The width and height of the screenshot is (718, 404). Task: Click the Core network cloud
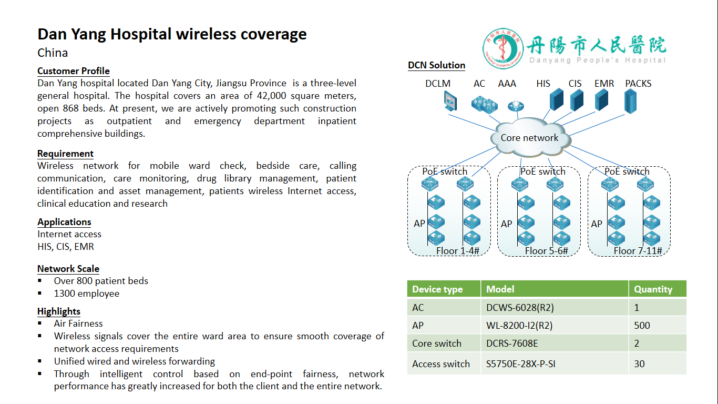(x=529, y=138)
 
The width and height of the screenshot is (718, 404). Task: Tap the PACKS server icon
(x=630, y=101)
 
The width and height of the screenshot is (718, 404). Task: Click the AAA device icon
(x=516, y=106)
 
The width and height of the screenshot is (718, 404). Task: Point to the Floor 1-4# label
(x=457, y=251)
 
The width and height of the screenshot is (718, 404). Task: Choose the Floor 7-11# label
(x=638, y=251)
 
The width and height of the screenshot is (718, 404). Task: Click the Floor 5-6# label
(x=546, y=251)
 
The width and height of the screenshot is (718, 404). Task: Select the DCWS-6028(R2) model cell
(x=519, y=307)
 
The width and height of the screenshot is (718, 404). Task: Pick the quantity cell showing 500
(x=642, y=325)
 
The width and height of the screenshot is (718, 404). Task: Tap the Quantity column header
(x=653, y=289)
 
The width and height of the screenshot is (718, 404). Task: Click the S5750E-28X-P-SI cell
(x=520, y=363)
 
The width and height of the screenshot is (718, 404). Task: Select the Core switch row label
(x=437, y=344)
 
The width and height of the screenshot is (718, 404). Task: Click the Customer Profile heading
(x=74, y=71)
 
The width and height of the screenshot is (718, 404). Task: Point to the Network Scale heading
(x=68, y=269)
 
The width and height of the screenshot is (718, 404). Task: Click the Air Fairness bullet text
(x=78, y=324)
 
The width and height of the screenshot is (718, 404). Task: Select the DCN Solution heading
(x=437, y=65)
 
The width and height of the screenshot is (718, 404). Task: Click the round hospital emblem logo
(x=504, y=49)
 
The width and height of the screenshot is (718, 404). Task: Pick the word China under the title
(x=53, y=53)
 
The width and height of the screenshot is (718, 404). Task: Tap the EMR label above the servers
(x=604, y=84)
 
